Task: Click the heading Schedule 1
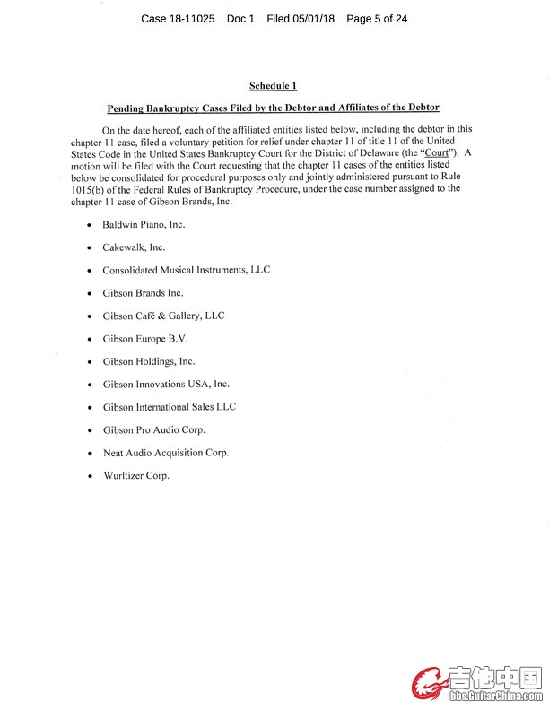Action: coord(273,85)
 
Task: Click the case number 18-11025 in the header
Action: coord(190,18)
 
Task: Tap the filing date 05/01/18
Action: coord(314,18)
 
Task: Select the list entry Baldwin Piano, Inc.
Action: coord(144,224)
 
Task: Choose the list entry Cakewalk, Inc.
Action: coord(134,247)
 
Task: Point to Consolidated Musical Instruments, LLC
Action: coord(186,270)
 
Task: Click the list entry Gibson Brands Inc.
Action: coord(143,292)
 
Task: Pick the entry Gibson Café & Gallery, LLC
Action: coord(163,316)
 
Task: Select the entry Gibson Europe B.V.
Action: coord(145,339)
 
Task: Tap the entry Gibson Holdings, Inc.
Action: coord(148,361)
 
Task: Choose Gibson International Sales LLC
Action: coord(169,407)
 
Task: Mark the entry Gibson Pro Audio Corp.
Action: coord(153,429)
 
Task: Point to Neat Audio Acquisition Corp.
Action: coord(165,453)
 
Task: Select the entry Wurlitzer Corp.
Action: coord(135,475)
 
